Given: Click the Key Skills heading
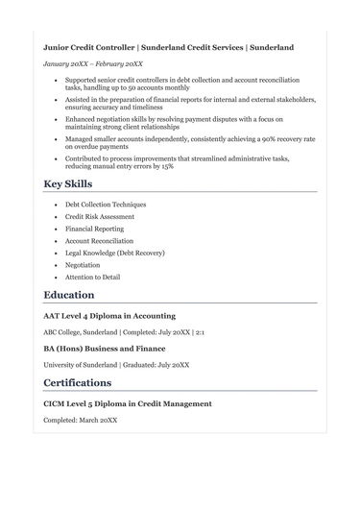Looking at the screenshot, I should (x=68, y=183).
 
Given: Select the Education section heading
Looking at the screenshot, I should (x=69, y=295).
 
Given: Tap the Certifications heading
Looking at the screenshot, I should (x=78, y=382).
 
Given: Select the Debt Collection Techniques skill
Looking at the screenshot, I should (x=106, y=205).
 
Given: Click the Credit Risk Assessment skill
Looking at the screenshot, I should (x=100, y=217).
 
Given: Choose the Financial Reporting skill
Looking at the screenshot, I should (x=94, y=230).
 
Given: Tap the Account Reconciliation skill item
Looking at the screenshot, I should (x=100, y=241).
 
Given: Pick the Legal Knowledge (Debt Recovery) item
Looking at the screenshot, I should (x=114, y=254).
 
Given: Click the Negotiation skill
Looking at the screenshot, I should (x=83, y=265).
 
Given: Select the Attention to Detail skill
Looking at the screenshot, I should (x=93, y=278).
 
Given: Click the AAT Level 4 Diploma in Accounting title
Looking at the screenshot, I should (x=109, y=316).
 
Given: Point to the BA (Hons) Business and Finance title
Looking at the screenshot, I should (x=105, y=349).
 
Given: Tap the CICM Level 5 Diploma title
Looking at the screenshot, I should (x=128, y=404).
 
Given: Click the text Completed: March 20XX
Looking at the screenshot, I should (x=81, y=420).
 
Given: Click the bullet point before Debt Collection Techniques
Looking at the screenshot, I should (x=57, y=206).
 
